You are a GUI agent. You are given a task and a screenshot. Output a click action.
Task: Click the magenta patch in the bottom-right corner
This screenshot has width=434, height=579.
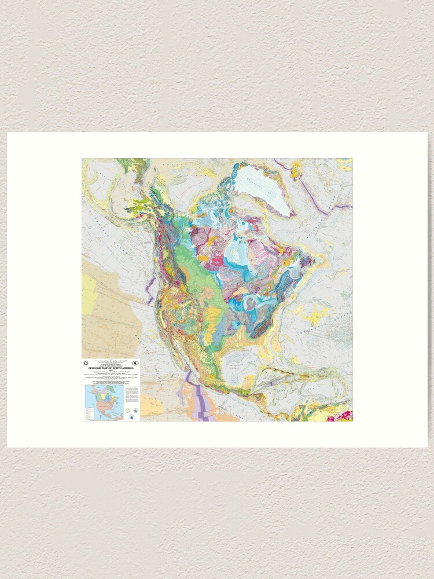(348, 415)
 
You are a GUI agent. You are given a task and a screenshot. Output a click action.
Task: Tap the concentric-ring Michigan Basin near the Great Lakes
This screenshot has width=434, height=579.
(249, 303)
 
